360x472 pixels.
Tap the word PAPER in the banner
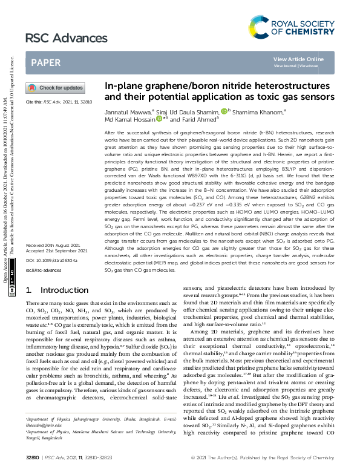click(x=45, y=62)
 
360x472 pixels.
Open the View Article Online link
click(x=298, y=59)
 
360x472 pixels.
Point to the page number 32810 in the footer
click(x=33, y=458)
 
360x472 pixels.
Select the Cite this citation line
click(x=59, y=102)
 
